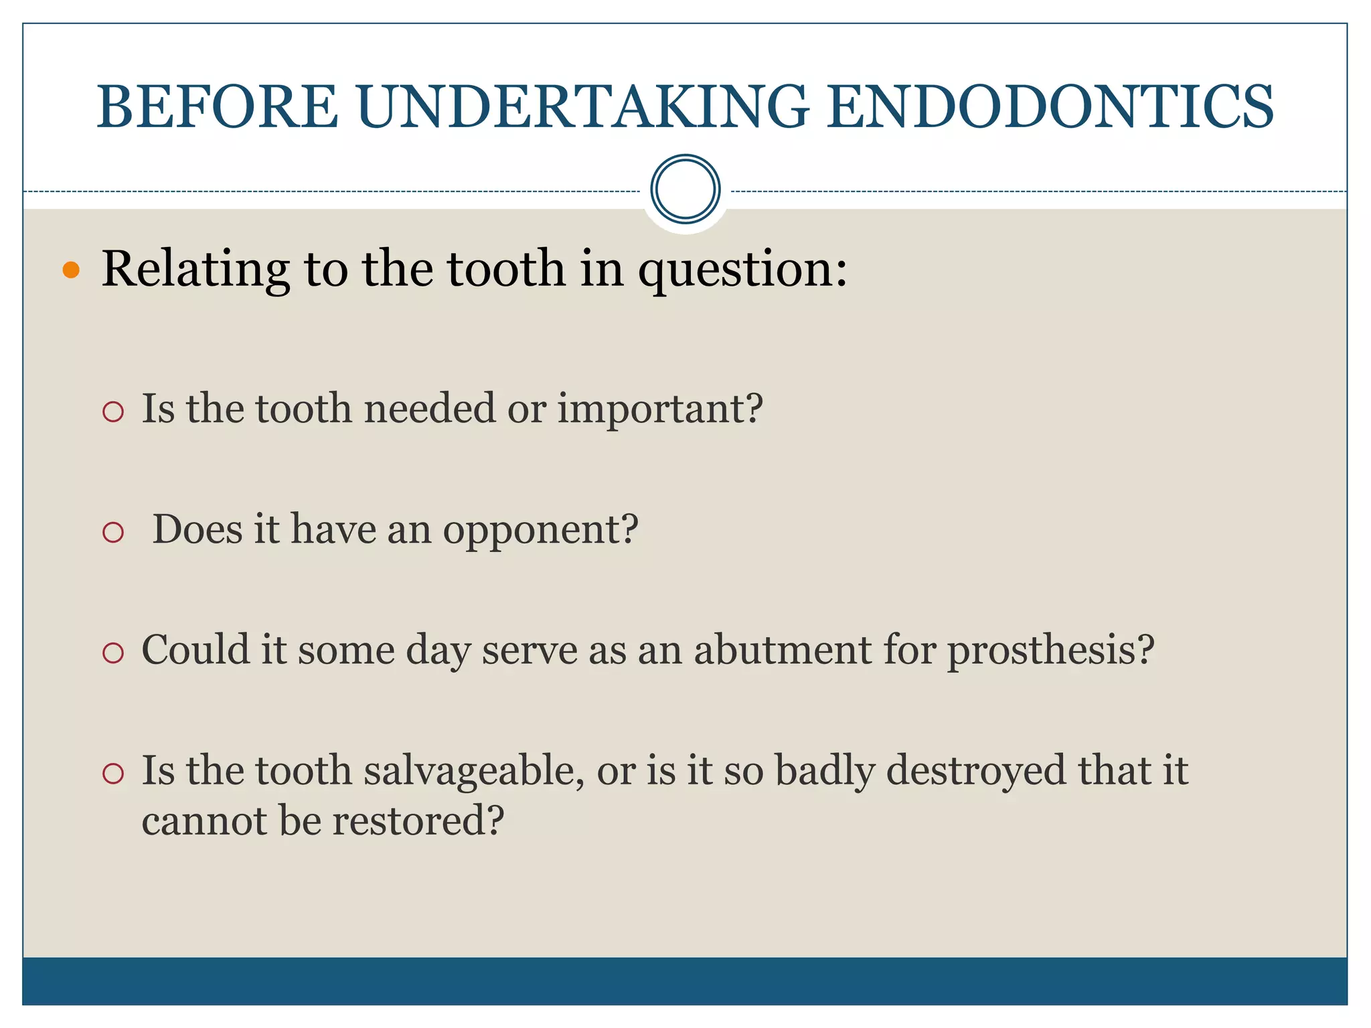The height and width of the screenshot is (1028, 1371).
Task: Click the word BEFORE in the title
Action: click(x=218, y=107)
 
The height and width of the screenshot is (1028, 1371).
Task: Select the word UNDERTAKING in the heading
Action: click(x=582, y=107)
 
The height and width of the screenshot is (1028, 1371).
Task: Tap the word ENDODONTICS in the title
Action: click(x=1050, y=107)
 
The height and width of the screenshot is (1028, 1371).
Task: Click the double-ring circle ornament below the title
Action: click(x=685, y=189)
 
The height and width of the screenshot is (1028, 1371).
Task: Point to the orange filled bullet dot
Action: click(x=71, y=270)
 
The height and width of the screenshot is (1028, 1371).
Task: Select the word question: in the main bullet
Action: click(x=742, y=269)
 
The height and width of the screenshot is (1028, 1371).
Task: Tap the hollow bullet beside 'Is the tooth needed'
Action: click(x=114, y=411)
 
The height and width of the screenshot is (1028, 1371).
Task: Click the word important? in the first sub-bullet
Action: click(x=660, y=408)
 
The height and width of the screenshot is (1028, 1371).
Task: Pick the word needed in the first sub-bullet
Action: click(x=429, y=408)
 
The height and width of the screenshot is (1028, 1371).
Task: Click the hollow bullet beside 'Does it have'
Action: click(x=114, y=532)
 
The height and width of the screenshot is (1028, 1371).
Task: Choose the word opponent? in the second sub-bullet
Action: click(x=541, y=530)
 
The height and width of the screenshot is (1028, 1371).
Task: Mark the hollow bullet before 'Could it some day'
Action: click(x=114, y=653)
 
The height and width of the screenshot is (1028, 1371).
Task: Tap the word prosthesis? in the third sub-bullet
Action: click(x=1051, y=651)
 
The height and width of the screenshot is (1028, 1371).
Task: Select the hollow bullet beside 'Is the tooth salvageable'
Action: click(x=114, y=774)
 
